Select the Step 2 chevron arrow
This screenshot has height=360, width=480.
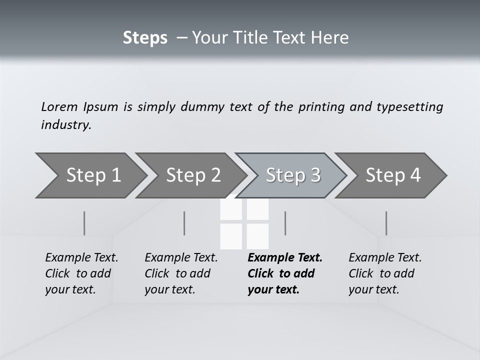tap(192, 175)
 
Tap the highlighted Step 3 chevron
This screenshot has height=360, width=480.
tap(292, 175)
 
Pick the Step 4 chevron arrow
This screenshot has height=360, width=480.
tap(392, 175)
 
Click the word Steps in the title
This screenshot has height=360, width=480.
tap(145, 38)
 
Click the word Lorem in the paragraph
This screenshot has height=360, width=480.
tap(59, 106)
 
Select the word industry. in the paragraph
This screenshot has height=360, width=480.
tap(66, 124)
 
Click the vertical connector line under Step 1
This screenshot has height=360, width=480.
tap(84, 223)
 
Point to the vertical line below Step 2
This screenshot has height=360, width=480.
tap(184, 223)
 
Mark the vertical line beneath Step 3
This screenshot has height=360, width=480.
tap(285, 223)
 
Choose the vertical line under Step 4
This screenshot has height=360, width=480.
tap(386, 223)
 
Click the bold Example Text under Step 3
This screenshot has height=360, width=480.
tap(285, 258)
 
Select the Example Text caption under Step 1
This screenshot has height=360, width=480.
tap(81, 258)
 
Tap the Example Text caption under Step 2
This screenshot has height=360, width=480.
tap(181, 258)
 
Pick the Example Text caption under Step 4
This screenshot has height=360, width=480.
tap(385, 258)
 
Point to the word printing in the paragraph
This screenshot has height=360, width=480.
tap(321, 107)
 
